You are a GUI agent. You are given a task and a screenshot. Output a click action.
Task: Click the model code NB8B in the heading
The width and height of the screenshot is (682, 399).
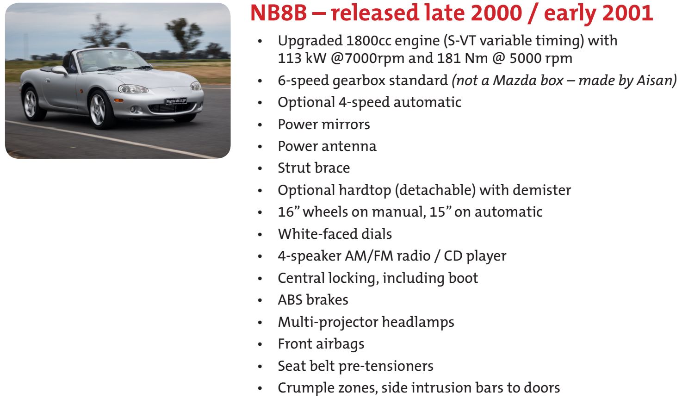click(278, 13)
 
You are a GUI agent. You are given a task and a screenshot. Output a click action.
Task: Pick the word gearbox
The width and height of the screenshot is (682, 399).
click(359, 81)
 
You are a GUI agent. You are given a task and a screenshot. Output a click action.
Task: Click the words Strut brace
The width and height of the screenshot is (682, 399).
click(314, 168)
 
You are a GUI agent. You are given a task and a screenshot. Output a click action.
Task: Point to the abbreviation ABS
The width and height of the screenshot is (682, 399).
click(290, 299)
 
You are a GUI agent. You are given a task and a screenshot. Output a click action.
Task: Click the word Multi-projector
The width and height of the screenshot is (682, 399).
click(328, 323)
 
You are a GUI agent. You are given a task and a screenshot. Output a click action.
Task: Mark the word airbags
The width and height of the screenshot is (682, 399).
click(340, 344)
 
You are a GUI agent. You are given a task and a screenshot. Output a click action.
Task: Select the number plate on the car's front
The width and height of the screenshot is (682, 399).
click(176, 101)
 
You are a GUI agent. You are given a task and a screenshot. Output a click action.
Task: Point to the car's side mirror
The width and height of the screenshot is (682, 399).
click(60, 70)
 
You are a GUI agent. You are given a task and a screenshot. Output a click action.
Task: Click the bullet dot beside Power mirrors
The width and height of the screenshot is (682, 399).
click(260, 125)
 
